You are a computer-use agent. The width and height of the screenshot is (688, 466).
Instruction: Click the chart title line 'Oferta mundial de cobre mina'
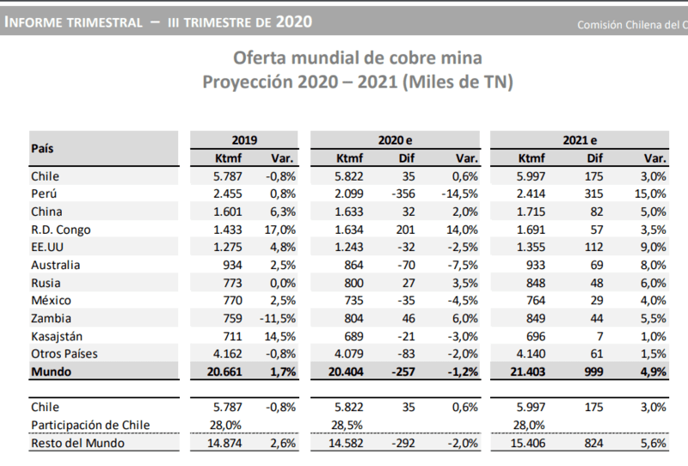(357, 58)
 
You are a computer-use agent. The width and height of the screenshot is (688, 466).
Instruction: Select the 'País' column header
(43, 148)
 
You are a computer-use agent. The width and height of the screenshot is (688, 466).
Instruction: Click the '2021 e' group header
(580, 139)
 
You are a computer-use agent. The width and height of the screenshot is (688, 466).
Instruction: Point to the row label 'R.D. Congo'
(60, 230)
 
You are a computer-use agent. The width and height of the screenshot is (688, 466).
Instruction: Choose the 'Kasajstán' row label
(58, 336)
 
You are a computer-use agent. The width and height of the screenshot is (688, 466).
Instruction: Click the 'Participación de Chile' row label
(89, 425)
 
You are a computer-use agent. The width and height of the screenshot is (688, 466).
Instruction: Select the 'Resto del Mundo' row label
(77, 443)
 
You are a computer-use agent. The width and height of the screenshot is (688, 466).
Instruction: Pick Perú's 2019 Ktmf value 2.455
(228, 193)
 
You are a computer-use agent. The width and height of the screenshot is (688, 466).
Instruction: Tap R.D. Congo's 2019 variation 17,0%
(282, 230)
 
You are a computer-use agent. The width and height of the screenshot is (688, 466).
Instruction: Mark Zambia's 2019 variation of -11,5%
(279, 318)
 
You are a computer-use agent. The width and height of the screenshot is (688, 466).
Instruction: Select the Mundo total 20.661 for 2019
(224, 372)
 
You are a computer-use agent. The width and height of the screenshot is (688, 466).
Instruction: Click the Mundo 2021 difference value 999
(593, 372)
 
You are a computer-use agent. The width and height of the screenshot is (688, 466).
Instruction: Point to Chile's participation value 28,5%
(347, 425)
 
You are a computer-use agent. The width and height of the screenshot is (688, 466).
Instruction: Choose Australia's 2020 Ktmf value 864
(353, 265)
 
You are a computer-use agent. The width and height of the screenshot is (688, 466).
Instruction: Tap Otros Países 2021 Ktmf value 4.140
(529, 354)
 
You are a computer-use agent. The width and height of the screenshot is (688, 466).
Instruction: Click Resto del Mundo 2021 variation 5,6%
(654, 443)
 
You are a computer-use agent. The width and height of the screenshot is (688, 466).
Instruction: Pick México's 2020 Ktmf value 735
(353, 301)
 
